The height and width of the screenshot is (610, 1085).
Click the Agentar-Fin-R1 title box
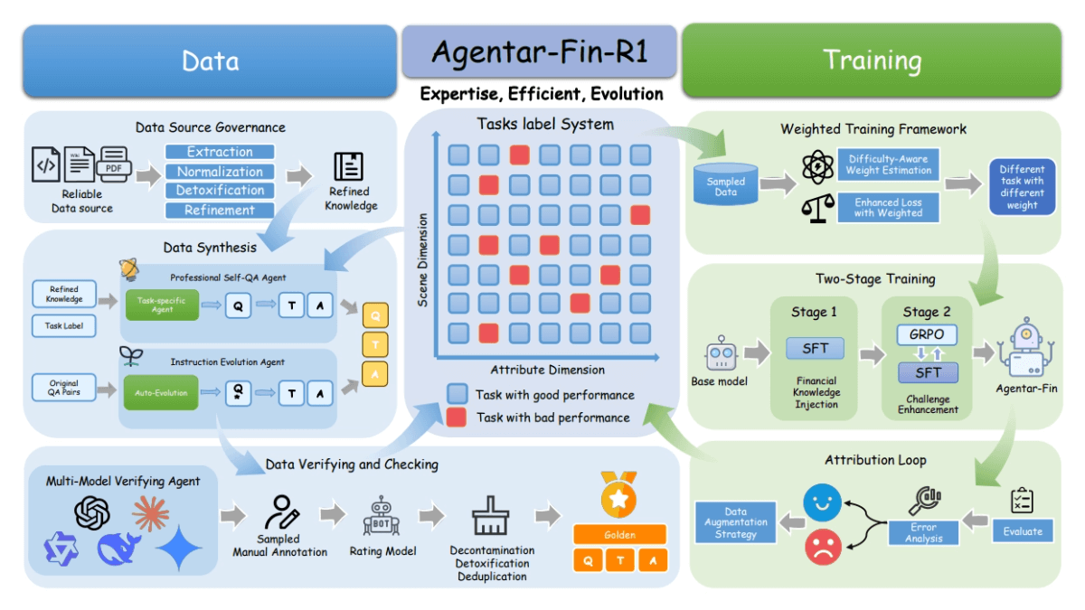539,52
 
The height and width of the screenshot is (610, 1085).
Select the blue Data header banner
210,61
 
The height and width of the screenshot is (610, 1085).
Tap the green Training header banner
871,61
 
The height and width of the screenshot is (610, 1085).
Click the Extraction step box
220,152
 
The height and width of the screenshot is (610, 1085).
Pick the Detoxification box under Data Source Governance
220,191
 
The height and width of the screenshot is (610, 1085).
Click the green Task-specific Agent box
162,306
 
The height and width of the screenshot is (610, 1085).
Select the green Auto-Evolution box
162,393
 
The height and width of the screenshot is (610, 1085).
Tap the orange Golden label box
619,535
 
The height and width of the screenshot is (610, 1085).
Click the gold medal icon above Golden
619,494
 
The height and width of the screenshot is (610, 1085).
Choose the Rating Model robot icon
381,514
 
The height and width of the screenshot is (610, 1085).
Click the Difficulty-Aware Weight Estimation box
888,164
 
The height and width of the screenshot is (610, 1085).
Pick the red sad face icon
822,547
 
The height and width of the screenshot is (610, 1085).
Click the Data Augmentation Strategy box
735,523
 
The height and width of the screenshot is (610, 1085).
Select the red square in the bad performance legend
458,417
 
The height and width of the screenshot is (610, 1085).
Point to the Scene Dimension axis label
422,260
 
